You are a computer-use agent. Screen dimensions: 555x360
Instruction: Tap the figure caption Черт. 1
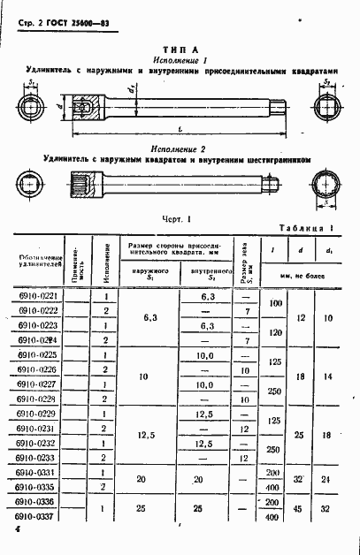(x=177, y=217)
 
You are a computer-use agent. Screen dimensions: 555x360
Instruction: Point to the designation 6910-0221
(x=38, y=296)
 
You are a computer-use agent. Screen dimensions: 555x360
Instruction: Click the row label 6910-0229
(x=38, y=413)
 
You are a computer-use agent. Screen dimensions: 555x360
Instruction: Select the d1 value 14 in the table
(x=328, y=375)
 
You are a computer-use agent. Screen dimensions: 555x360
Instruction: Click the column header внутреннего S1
(x=205, y=270)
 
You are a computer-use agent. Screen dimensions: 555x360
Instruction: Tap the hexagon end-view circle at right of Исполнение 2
(x=328, y=186)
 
